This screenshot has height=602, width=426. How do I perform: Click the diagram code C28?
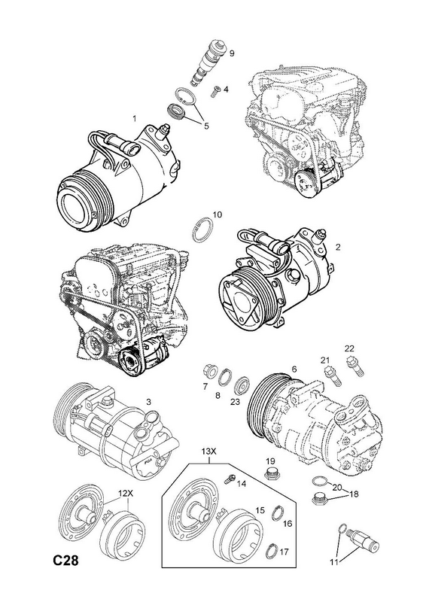65,561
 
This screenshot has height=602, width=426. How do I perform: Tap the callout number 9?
232,53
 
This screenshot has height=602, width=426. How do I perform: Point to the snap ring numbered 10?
202,230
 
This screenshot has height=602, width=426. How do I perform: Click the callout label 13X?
209,452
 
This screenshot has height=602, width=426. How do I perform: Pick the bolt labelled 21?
333,375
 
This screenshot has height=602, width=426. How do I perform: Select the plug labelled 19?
271,474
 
